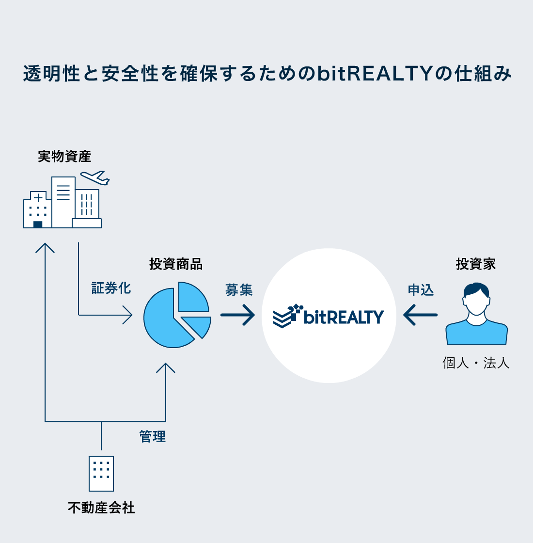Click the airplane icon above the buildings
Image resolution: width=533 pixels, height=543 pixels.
click(95, 177)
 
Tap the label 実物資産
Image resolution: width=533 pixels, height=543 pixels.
click(64, 157)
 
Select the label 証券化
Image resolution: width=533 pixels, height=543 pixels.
click(111, 288)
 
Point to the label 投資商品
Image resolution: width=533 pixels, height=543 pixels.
click(176, 264)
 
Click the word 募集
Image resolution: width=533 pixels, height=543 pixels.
click(239, 290)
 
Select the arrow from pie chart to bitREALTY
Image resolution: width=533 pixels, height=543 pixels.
click(238, 315)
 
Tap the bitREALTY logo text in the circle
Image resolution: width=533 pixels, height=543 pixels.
click(344, 317)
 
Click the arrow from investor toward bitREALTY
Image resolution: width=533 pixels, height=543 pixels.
click(420, 315)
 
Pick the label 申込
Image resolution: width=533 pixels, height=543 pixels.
click(421, 290)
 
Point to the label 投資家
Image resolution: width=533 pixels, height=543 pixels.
click(476, 264)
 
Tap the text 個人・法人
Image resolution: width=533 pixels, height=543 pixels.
click(476, 363)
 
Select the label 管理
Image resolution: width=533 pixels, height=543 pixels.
click(153, 436)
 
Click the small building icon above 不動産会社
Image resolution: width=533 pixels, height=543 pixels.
click(101, 473)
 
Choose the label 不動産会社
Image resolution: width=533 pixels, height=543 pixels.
click(101, 508)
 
